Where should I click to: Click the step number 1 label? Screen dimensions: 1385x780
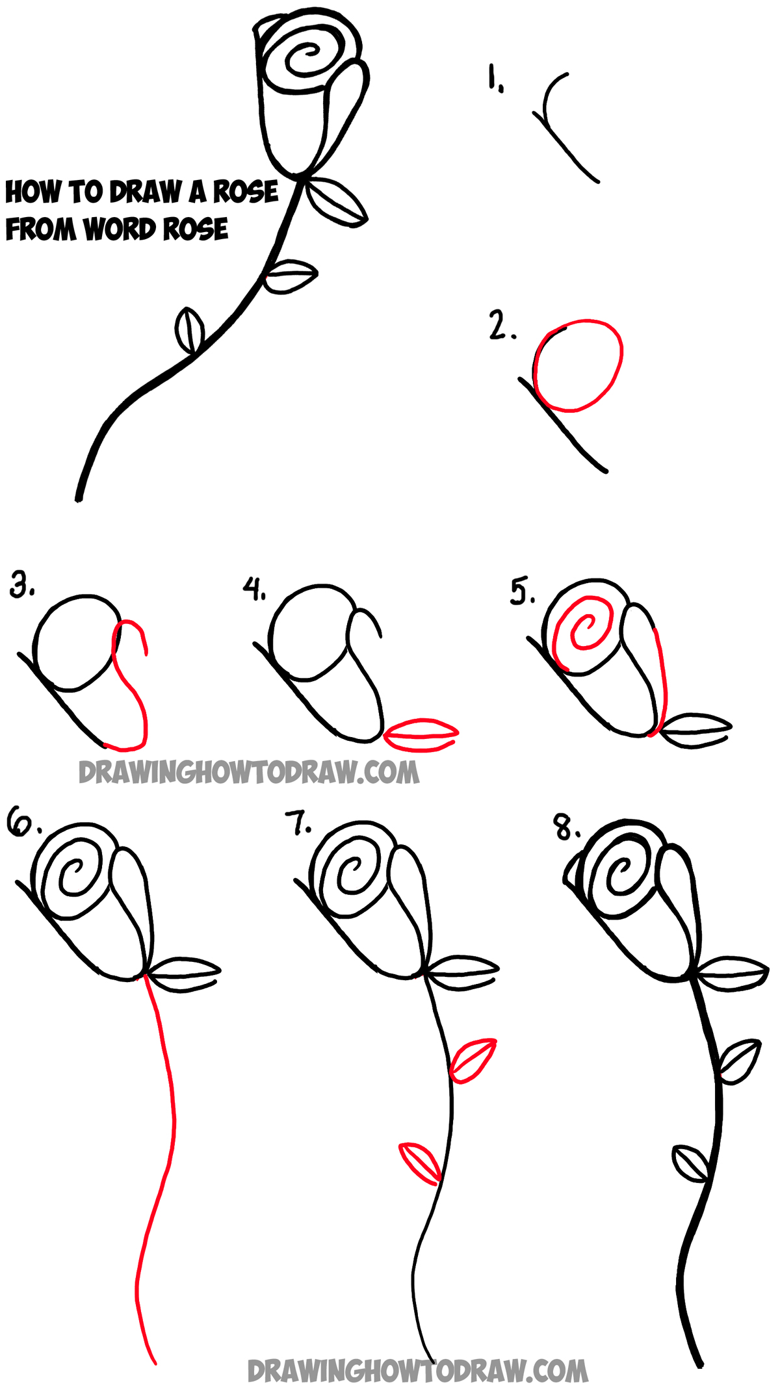point(495,78)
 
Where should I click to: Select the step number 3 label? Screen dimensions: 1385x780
point(22,585)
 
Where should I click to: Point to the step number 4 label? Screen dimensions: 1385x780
point(254,588)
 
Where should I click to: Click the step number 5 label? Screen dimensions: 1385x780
point(521,591)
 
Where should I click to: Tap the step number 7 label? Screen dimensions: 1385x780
point(298,823)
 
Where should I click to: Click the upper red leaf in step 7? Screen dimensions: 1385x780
point(473,1060)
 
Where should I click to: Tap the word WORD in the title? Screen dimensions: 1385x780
point(120,229)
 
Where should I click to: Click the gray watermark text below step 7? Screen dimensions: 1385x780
point(417,1371)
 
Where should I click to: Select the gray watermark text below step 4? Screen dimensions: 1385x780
point(249,772)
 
